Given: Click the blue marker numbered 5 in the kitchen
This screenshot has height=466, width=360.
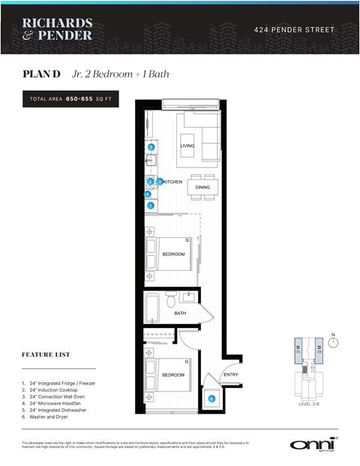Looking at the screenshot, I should coord(151,147).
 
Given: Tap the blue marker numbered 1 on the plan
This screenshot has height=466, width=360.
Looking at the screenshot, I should coord(151,206).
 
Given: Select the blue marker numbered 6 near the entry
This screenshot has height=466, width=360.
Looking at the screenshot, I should coord(211,399).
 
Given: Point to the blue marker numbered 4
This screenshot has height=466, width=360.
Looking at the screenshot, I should coord(148,194).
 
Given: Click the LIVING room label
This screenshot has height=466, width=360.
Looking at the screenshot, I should coord(187,145).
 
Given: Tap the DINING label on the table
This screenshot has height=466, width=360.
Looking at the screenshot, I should coord(202,187).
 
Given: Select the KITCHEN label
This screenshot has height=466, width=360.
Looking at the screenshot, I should coord(173,182).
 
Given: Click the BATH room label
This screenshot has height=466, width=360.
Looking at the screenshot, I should coord(180,313).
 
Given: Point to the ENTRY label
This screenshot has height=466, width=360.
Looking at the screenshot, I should coord(230,374).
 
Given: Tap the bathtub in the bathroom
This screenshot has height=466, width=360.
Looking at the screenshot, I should coord(153,307).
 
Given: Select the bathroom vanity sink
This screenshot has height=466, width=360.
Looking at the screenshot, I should coord(189,297).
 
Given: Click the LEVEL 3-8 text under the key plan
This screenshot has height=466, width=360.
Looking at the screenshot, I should coord(308,403).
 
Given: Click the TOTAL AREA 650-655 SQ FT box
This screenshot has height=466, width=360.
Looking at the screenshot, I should coord(70,98).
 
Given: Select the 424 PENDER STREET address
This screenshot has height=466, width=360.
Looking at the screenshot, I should coord(293,29).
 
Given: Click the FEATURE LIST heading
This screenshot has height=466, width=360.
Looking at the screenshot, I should coord(46,353).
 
